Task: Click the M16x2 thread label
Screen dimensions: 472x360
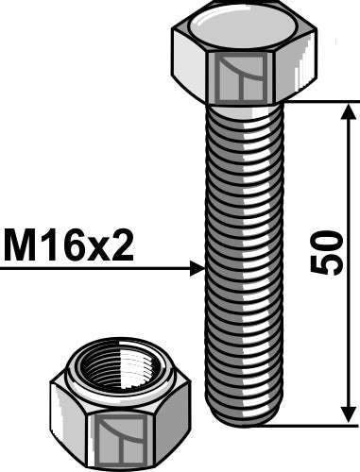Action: pos(68,248)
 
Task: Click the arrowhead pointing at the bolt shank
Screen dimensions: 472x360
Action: pos(196,269)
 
